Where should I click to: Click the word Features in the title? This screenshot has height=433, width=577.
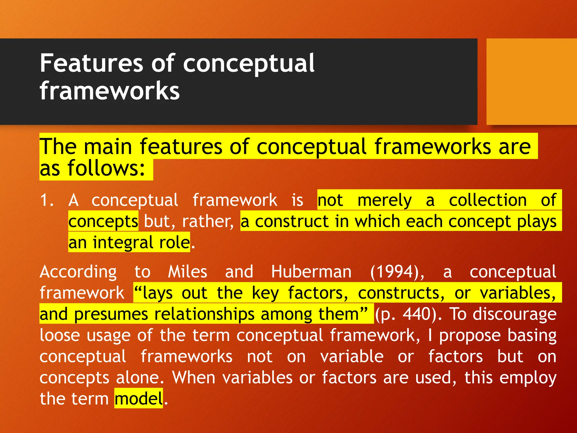click(x=92, y=63)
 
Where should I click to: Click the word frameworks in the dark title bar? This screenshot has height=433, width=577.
click(x=110, y=91)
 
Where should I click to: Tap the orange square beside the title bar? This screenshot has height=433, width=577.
click(x=531, y=82)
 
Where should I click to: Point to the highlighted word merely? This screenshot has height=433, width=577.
click(x=384, y=200)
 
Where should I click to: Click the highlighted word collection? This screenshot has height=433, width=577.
click(x=488, y=200)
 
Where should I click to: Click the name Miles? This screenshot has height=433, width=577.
click(x=188, y=272)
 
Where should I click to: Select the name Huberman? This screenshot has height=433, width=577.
click(x=311, y=272)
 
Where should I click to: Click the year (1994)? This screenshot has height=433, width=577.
click(x=397, y=272)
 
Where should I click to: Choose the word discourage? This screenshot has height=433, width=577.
click(x=514, y=314)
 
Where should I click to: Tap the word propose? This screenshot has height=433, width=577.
click(x=470, y=335)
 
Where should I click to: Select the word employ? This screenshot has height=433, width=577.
click(x=528, y=378)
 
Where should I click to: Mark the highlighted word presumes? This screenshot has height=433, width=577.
click(x=111, y=314)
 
